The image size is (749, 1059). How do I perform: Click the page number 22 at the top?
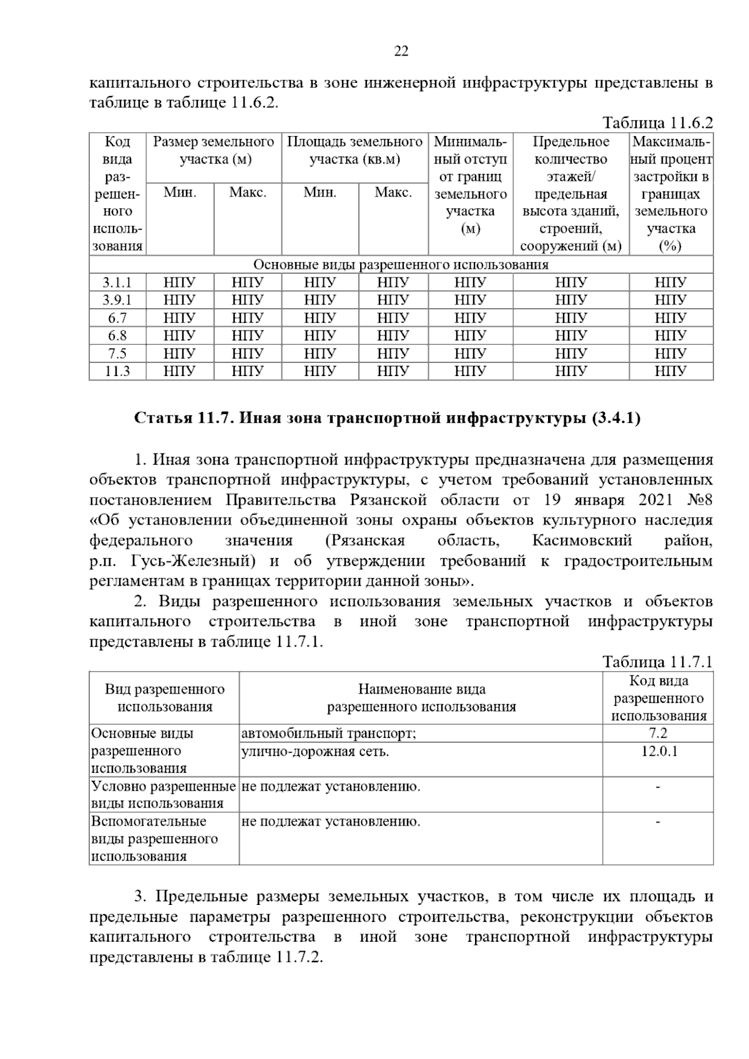click(x=401, y=51)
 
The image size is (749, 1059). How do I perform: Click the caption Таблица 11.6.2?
click(x=657, y=122)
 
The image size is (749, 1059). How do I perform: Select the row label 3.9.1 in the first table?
click(x=117, y=300)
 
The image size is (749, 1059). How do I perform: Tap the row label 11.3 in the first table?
click(x=117, y=371)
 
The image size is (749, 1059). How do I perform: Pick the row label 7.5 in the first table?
click(x=117, y=354)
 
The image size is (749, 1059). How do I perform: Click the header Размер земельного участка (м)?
click(x=213, y=150)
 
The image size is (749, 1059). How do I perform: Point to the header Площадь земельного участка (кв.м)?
click(x=355, y=150)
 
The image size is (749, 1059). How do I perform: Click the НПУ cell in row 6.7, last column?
click(x=670, y=318)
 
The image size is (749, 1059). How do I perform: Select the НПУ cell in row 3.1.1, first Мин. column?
click(x=180, y=283)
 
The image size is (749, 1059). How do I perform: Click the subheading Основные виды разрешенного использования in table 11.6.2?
click(x=401, y=264)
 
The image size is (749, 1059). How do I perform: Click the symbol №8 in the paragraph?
click(x=700, y=500)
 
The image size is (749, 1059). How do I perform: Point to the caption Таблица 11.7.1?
click(x=657, y=662)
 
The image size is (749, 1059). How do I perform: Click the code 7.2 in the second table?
click(x=658, y=733)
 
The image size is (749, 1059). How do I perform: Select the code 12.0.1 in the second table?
click(x=658, y=751)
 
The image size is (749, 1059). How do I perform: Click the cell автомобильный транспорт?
click(x=329, y=733)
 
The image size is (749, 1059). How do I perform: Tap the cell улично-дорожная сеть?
click(x=315, y=752)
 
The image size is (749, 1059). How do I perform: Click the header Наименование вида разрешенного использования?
click(x=421, y=698)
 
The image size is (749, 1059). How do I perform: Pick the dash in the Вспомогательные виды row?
click(x=658, y=822)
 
